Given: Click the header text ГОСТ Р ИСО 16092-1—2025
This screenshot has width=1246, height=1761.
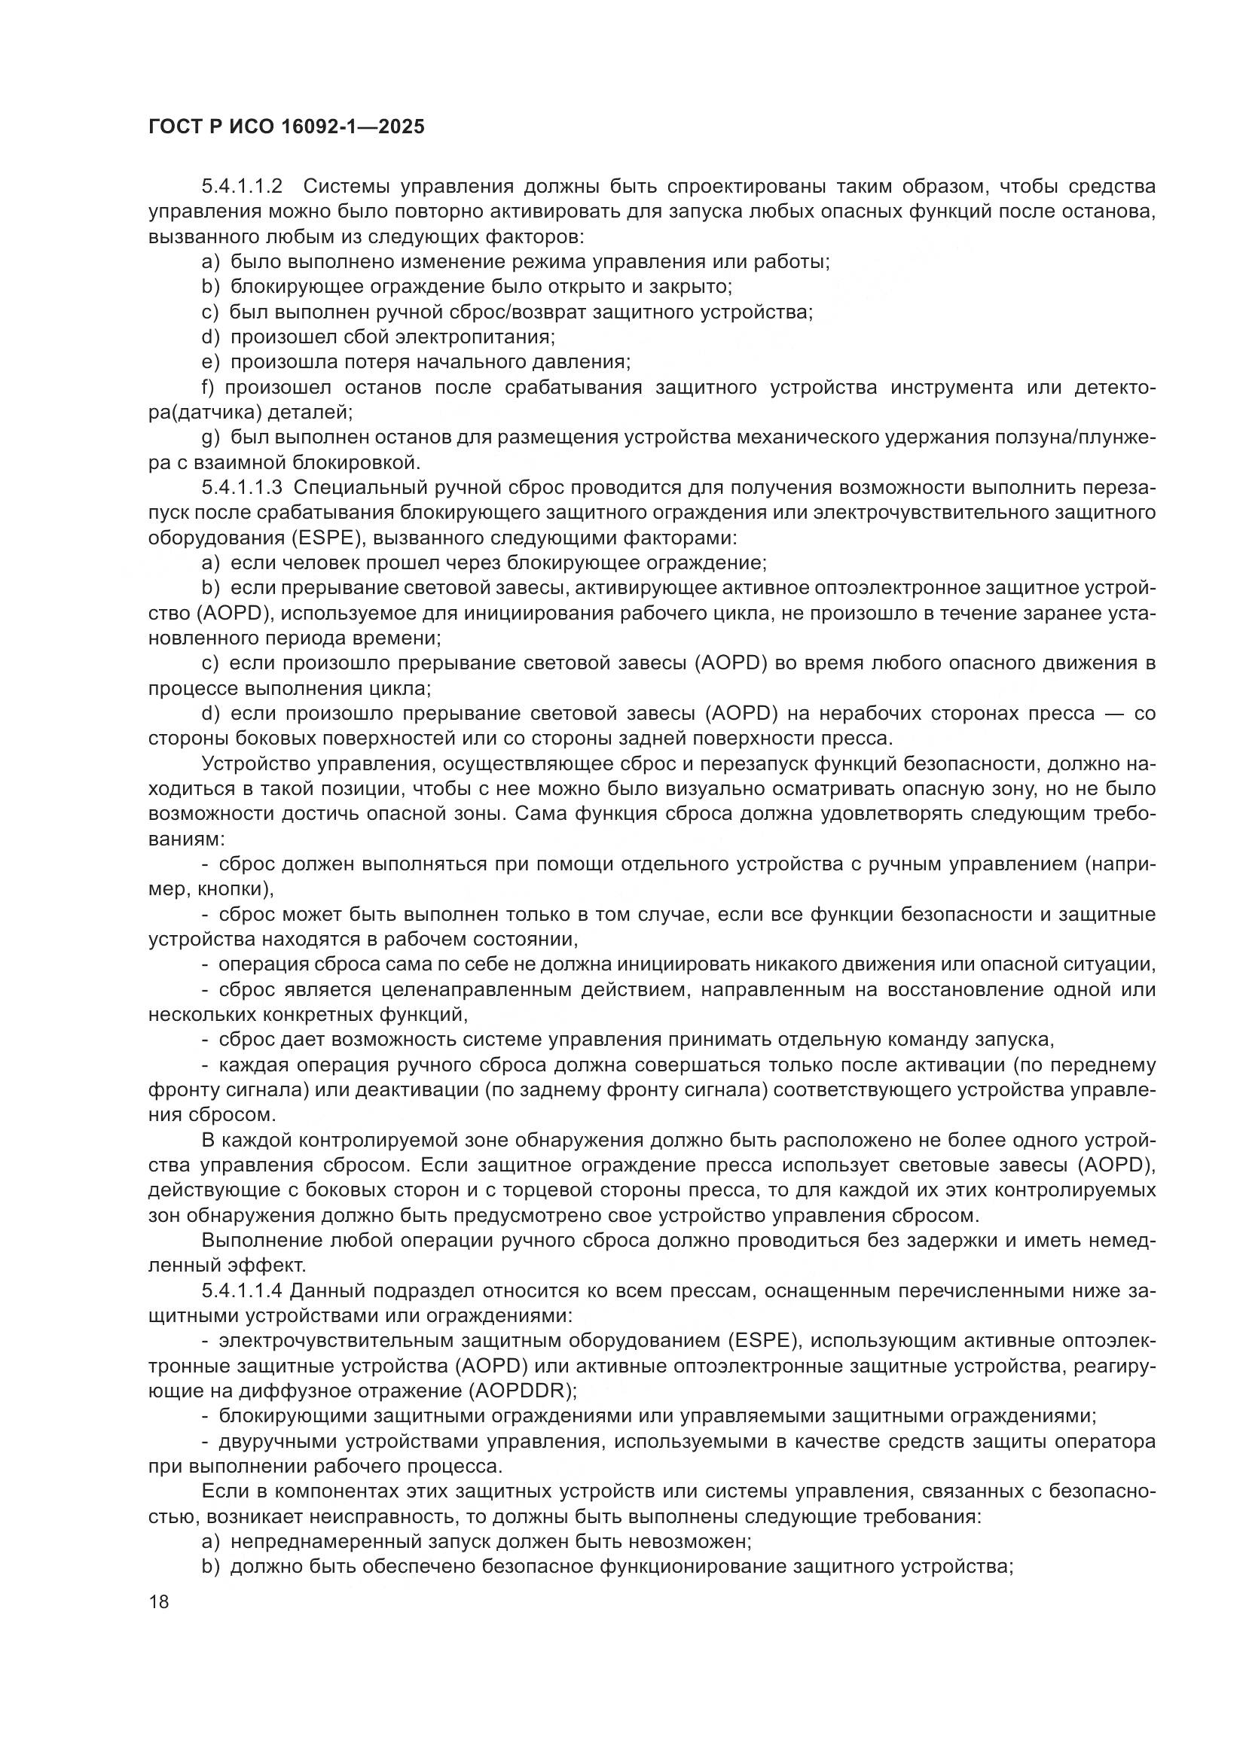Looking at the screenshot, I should tap(286, 127).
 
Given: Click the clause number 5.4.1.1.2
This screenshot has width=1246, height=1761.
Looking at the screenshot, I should tap(243, 187).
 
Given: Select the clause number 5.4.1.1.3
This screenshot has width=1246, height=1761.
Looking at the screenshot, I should tap(243, 488).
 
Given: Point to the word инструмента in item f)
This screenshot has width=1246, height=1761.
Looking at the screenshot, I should tap(951, 387).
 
